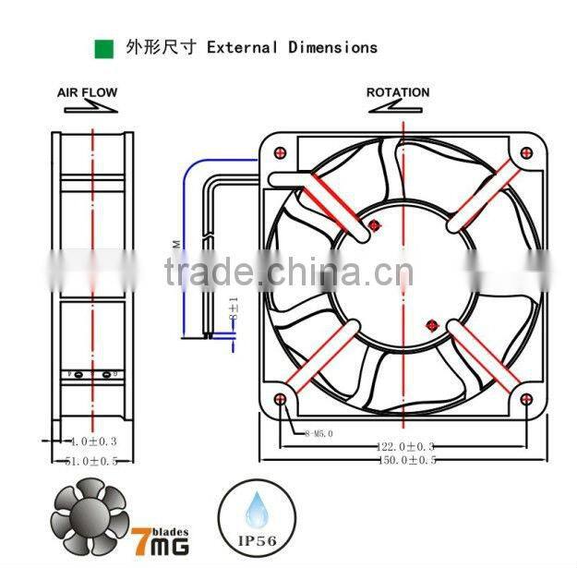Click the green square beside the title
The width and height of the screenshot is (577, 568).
103,47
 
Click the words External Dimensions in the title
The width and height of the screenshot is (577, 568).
292,47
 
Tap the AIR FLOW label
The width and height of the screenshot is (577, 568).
88,93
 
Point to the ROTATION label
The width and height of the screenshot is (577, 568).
398,92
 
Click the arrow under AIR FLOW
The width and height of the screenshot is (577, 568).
89,108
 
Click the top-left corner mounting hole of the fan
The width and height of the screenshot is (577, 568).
281,151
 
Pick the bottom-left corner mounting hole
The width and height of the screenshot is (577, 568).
281,399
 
